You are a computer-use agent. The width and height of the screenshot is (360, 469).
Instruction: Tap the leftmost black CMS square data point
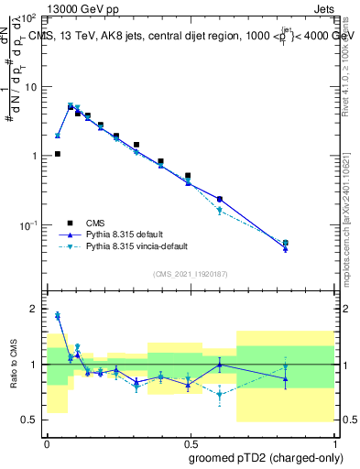point(57,154)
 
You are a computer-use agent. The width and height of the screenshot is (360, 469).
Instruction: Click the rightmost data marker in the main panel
point(286,244)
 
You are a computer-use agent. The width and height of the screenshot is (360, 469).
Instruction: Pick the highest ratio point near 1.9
point(57,315)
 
